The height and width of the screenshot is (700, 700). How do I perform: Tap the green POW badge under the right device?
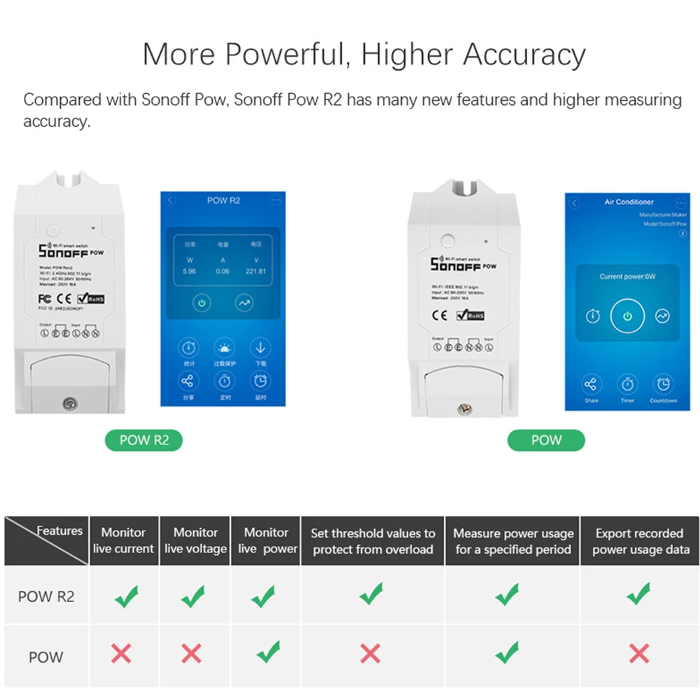tap(546, 440)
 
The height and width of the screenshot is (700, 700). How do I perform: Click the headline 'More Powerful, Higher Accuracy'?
tap(364, 54)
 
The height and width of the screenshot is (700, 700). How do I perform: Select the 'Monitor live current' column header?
tap(123, 540)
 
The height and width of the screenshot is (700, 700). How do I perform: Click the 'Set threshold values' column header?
tap(372, 541)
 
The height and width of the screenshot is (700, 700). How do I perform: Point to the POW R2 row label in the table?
tap(45, 596)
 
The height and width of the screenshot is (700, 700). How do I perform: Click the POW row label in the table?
tap(45, 657)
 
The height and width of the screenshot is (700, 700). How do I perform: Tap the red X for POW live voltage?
tap(191, 654)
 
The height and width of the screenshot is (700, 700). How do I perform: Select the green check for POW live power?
tap(267, 652)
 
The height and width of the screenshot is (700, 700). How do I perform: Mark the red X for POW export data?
tap(638, 654)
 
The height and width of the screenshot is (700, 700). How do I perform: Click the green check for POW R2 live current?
tap(126, 596)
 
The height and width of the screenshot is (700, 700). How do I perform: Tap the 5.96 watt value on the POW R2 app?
tap(189, 271)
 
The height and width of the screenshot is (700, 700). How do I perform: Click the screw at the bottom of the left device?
tap(69, 403)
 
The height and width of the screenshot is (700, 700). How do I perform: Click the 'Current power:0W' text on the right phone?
tap(627, 276)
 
